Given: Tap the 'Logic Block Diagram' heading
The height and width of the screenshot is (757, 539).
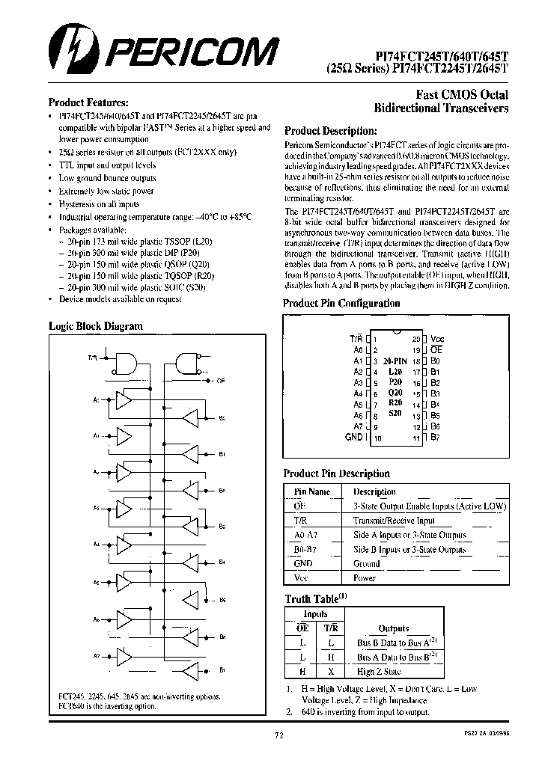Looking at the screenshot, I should click(x=95, y=326).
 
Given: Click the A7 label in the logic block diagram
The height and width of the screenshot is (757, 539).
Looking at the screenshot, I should click(x=97, y=656).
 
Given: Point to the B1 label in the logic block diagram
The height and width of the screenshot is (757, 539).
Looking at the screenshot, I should click(x=222, y=454).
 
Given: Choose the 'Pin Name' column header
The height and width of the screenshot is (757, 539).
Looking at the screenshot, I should click(x=311, y=492).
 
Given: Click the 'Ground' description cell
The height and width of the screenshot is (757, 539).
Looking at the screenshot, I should click(x=367, y=564).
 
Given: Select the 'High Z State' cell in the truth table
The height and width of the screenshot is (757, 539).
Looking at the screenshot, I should click(x=379, y=672).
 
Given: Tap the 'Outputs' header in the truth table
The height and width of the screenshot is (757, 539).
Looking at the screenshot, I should click(x=394, y=628).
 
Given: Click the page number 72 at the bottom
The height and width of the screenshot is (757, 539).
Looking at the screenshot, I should click(x=278, y=736).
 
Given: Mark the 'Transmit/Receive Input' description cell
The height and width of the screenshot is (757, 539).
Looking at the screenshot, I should click(x=394, y=521).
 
